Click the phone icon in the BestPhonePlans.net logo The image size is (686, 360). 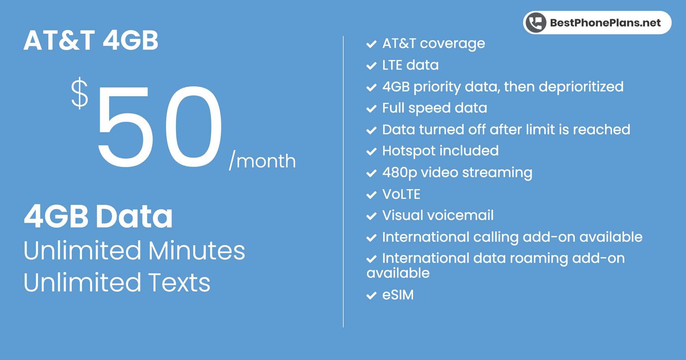[536, 23]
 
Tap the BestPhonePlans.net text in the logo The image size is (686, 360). [605, 23]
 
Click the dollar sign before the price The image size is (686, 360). [80, 93]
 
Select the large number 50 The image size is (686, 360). [160, 127]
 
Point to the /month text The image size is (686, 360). [262, 160]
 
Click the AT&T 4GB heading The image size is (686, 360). [91, 40]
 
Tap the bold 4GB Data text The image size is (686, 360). [98, 216]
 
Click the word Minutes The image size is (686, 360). [197, 251]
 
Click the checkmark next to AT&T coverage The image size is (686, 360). [371, 44]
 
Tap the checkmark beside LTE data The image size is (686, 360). [371, 66]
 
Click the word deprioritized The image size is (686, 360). [581, 87]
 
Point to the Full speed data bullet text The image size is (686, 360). [435, 108]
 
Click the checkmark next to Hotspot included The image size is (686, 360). [371, 152]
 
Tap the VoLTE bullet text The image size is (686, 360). [401, 194]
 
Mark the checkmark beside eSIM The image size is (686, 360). [371, 296]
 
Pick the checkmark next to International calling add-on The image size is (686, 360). [371, 238]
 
